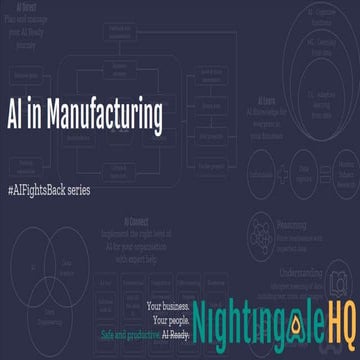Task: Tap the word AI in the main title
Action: tap(17, 116)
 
